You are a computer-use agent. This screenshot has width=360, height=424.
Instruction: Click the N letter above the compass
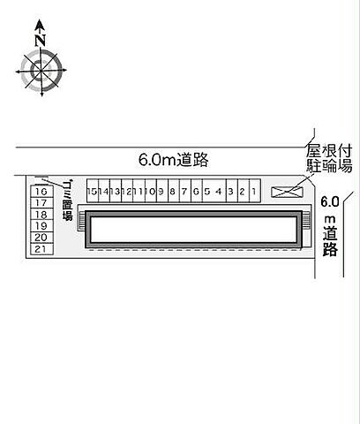[40, 39]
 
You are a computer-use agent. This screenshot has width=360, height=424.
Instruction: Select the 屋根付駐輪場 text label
[330, 159]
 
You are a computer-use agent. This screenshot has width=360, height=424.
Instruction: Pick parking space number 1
[252, 190]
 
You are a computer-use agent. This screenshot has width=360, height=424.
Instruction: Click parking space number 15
[91, 190]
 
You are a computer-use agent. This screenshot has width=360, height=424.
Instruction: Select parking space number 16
[41, 191]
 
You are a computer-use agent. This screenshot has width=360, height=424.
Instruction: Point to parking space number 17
[41, 203]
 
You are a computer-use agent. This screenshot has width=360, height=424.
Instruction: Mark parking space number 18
[41, 215]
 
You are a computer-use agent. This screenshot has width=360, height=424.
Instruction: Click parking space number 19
[41, 226]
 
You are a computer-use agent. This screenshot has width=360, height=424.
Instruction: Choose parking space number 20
[41, 238]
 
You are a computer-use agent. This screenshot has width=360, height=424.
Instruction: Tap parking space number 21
[41, 249]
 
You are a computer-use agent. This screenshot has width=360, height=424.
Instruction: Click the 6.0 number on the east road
[329, 200]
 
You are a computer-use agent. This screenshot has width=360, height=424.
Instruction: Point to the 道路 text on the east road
[330, 241]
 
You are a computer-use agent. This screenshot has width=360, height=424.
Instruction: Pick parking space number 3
[229, 190]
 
